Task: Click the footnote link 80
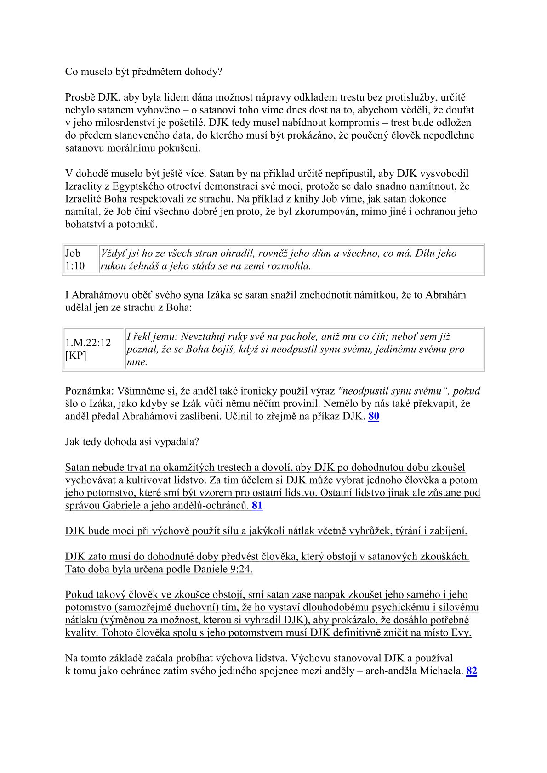click(374, 417)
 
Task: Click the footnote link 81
click(257, 506)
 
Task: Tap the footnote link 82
click(471, 671)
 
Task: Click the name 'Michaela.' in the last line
click(441, 671)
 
